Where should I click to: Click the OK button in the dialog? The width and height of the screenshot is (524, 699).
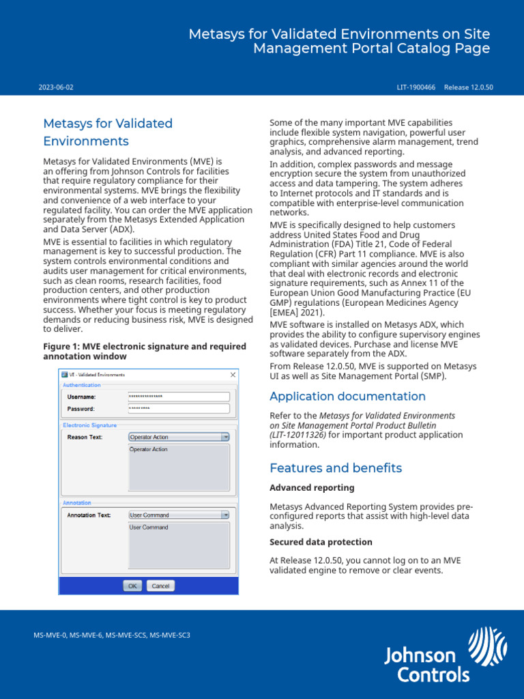(132, 586)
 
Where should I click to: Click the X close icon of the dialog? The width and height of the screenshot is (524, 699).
(233, 375)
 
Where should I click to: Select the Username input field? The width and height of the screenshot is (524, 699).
(179, 397)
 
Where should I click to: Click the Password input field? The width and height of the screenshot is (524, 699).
(179, 408)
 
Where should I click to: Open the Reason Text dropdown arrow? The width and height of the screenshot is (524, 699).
(225, 437)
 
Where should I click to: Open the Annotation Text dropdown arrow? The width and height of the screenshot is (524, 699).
(225, 515)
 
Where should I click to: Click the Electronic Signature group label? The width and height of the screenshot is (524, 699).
(89, 425)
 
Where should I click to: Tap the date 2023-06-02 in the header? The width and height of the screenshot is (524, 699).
(56, 87)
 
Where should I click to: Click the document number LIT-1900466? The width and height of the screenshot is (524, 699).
(416, 87)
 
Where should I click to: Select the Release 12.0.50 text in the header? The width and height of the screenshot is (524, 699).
(468, 87)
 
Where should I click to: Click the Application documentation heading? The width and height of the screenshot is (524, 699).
(347, 397)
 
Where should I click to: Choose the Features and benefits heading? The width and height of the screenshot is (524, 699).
(336, 468)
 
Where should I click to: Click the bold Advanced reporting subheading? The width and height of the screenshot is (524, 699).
(312, 487)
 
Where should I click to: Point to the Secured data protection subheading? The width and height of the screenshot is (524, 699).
(321, 542)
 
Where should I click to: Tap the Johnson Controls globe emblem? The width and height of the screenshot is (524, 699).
(487, 646)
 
